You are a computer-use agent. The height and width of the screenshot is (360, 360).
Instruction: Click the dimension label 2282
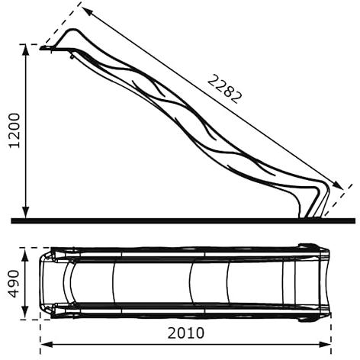pyautogui.click(x=223, y=89)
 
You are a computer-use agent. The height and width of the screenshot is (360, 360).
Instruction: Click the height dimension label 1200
pyautogui.click(x=14, y=130)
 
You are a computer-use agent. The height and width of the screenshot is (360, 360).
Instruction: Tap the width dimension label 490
pyautogui.click(x=14, y=284)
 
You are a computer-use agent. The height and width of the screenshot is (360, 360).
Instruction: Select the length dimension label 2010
pyautogui.click(x=186, y=333)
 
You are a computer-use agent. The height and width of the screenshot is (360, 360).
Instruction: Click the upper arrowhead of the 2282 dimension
pyautogui.click(x=86, y=11)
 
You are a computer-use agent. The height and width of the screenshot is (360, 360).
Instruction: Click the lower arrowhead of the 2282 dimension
pyautogui.click(x=339, y=185)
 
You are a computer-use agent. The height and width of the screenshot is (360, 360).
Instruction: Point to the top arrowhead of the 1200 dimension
pyautogui.click(x=25, y=50)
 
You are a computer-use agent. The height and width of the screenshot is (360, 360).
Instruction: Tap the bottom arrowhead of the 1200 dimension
pyautogui.click(x=25, y=213)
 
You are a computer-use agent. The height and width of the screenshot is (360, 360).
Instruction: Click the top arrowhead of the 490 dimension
pyautogui.click(x=24, y=255)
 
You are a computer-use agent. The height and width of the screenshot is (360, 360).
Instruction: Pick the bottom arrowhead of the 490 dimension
pyautogui.click(x=24, y=313)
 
